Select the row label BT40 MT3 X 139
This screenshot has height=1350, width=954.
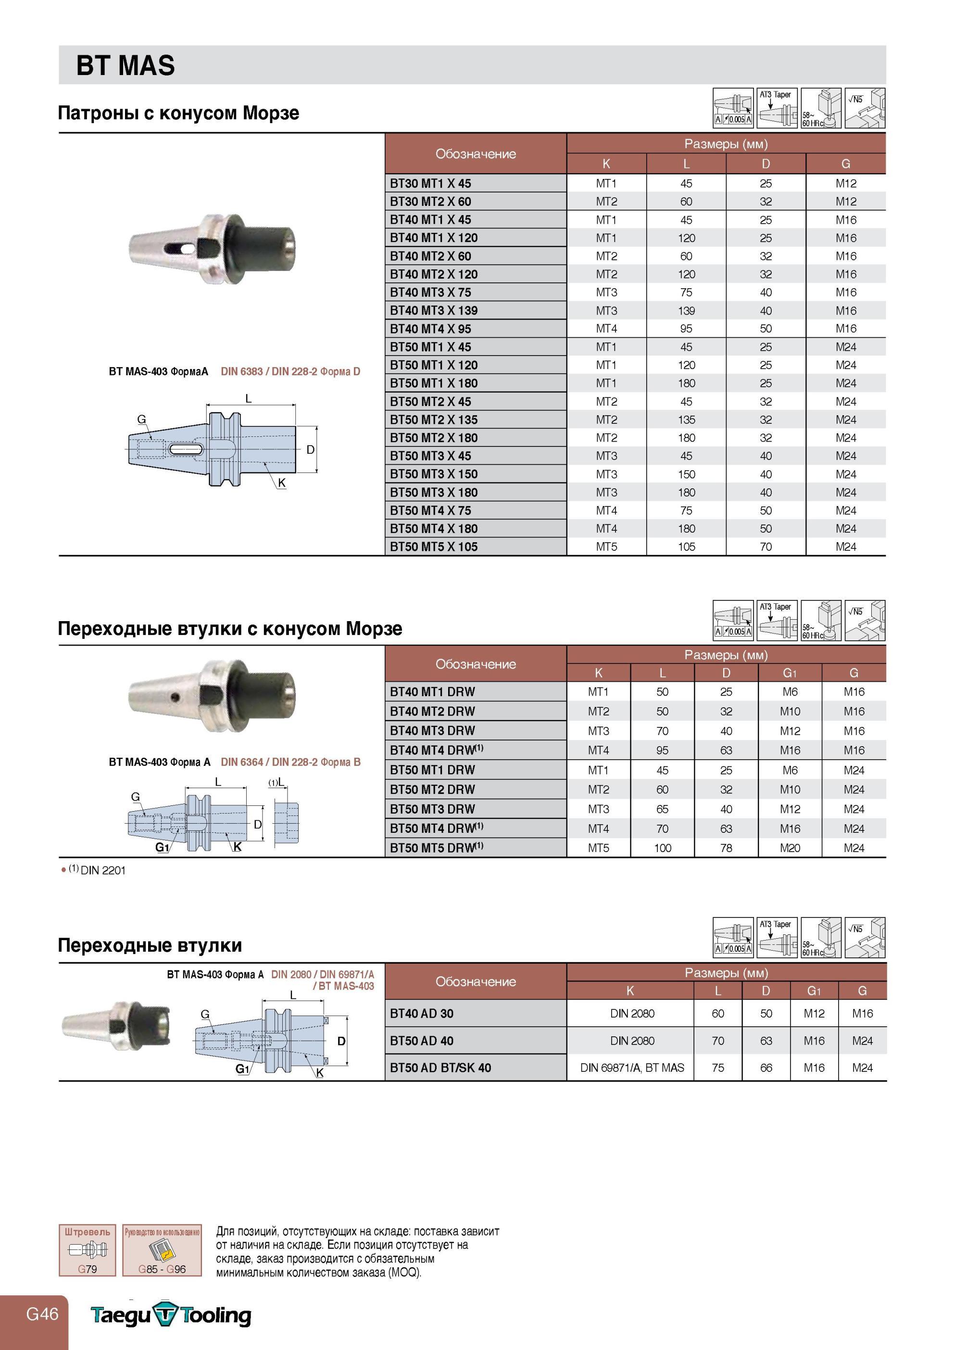pyautogui.click(x=434, y=310)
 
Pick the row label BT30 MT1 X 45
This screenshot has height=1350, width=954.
pyautogui.click(x=430, y=183)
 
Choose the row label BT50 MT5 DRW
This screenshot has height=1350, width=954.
pyautogui.click(x=436, y=848)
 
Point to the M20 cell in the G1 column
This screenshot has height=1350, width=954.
pyautogui.click(x=790, y=848)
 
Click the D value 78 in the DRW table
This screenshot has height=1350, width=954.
pyautogui.click(x=726, y=848)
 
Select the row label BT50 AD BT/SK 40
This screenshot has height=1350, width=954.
pyautogui.click(x=440, y=1068)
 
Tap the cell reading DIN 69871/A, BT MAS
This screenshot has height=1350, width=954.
pyautogui.click(x=632, y=1068)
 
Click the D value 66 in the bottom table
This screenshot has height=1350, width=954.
pyautogui.click(x=766, y=1068)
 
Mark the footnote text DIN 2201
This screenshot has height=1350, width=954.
pyautogui.click(x=103, y=871)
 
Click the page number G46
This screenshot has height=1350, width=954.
pyautogui.click(x=42, y=1313)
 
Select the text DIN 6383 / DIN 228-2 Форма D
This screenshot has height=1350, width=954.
pyautogui.click(x=290, y=371)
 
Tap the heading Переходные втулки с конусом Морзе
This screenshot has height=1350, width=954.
pyautogui.click(x=230, y=628)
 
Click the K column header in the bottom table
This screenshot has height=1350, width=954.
pyautogui.click(x=629, y=991)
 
